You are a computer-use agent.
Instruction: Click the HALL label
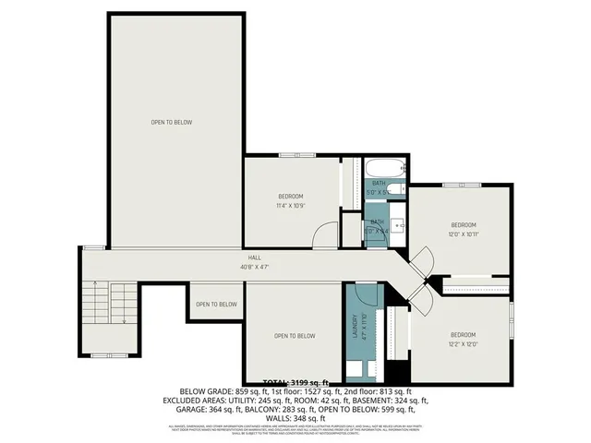253,257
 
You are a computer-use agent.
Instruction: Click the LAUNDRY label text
353,327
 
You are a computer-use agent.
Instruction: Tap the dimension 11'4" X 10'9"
292,205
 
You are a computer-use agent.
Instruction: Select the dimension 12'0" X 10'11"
463,234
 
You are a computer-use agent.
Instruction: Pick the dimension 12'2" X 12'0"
463,343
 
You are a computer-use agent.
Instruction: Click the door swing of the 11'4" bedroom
323,236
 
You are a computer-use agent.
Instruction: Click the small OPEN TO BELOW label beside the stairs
215,305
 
